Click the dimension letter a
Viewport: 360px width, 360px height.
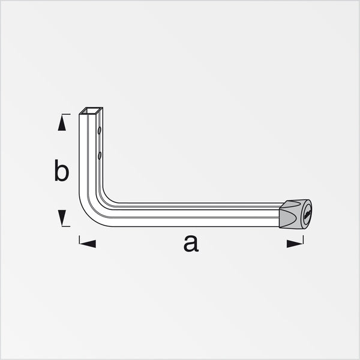(191, 244)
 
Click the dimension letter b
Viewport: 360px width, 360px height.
(62, 170)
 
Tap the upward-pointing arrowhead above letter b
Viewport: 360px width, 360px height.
(62, 123)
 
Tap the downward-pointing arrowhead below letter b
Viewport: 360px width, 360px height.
(62, 217)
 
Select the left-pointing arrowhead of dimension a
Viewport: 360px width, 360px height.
(88, 244)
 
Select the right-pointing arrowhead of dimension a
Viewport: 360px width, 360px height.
(295, 244)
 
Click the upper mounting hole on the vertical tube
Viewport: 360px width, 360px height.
(99, 130)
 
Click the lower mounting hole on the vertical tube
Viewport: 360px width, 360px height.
(99, 155)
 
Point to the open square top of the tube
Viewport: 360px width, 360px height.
(91, 110)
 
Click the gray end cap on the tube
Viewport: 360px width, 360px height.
(295, 214)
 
